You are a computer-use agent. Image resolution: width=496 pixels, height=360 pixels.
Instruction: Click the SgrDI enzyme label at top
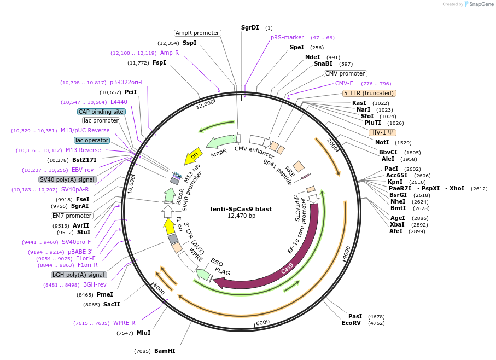coord(250,27)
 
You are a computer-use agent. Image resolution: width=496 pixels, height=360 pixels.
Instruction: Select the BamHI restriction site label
coord(164,350)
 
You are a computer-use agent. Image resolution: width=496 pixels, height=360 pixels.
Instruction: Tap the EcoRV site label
coord(352,323)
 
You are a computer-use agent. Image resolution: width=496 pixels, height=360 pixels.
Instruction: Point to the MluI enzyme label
coord(143,333)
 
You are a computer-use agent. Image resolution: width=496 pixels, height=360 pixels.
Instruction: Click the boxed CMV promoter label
coord(345,73)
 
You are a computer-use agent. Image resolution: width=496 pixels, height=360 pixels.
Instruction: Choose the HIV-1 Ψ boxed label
coord(382,132)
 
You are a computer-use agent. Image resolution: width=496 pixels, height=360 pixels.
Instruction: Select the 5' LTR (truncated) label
coord(369,93)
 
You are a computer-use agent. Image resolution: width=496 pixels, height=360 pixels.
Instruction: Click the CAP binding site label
coord(101,112)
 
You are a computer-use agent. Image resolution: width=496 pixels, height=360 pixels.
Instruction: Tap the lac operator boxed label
coord(92,141)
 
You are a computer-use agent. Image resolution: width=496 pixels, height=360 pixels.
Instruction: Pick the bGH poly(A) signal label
coord(78,275)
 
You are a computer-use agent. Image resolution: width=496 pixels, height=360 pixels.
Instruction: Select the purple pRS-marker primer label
coord(287,38)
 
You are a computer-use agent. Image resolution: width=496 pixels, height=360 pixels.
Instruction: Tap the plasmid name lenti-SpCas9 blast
coord(241,208)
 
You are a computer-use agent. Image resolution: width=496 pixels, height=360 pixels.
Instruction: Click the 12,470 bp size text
coord(241,216)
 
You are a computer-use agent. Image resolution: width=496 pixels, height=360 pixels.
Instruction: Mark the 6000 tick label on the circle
coord(262,322)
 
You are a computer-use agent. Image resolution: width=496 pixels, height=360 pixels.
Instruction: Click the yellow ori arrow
coord(194,155)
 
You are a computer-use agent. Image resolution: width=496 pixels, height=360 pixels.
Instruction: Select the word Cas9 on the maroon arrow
coord(287,270)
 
